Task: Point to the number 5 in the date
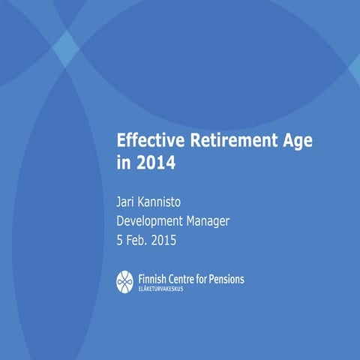point(120,241)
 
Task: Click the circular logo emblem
point(125,281)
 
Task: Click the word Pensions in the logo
point(226,279)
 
